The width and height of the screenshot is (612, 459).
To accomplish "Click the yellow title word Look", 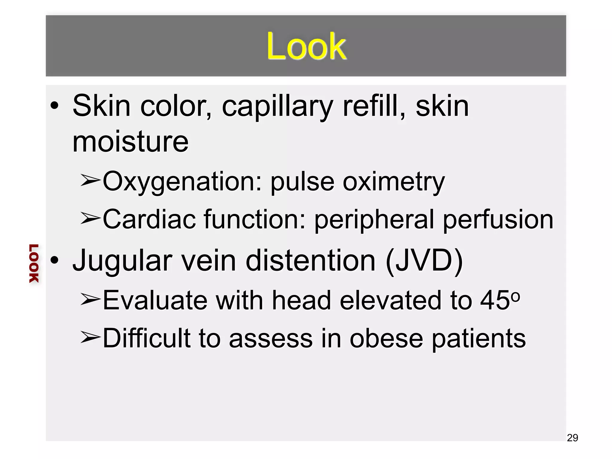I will click(x=306, y=46).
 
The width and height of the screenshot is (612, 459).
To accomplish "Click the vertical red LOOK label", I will click(x=34, y=263).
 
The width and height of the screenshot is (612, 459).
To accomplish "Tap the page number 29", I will click(x=572, y=437).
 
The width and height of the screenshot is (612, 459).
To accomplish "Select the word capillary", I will click(x=277, y=106).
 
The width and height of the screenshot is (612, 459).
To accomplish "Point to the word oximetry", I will click(x=394, y=182).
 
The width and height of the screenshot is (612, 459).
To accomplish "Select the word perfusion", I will click(x=498, y=220).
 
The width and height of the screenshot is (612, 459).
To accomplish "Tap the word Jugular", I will click(x=123, y=261).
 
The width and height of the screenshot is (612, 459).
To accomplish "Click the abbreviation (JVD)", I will click(x=424, y=261).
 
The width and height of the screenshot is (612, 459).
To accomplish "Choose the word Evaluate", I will click(x=155, y=300).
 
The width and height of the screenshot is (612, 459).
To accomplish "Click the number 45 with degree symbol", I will click(x=500, y=299).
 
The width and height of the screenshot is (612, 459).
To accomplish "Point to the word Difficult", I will click(x=147, y=338).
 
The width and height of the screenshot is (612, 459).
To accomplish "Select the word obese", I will click(x=386, y=339).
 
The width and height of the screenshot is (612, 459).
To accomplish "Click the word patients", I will click(x=479, y=339).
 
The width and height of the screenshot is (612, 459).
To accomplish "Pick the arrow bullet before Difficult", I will click(x=90, y=337).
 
